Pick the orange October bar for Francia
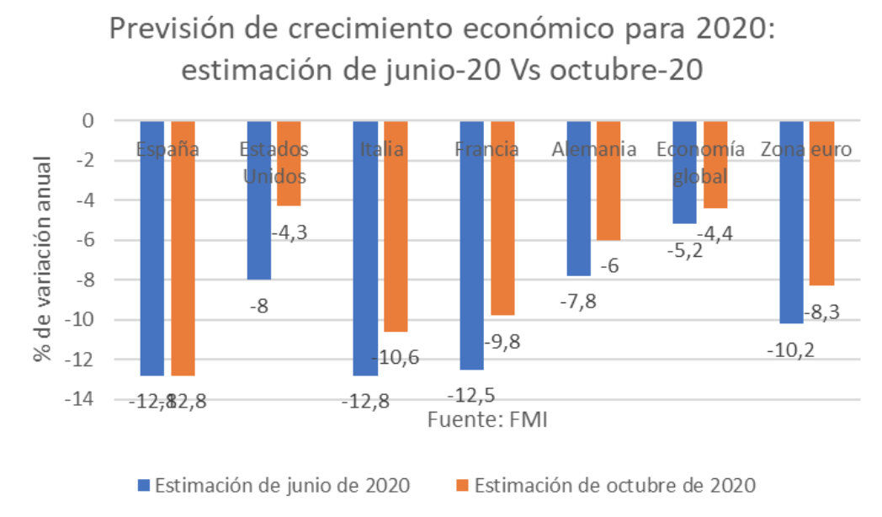pyautogui.click(x=502, y=219)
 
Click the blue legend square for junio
pyautogui.click(x=144, y=486)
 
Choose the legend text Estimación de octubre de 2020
pyautogui.click(x=615, y=486)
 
